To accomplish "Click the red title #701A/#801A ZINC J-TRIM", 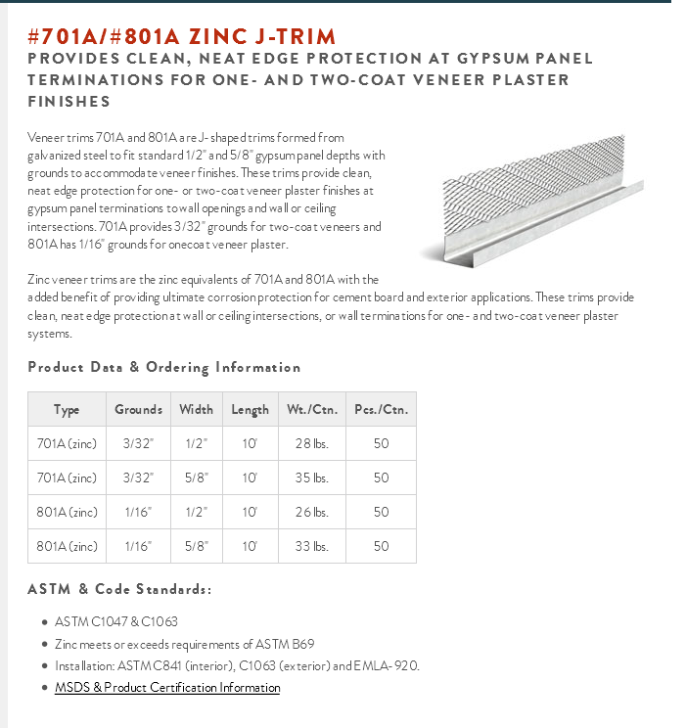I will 182,37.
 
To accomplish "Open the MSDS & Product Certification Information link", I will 167,688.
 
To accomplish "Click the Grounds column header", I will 138,410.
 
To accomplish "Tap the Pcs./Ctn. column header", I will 381,410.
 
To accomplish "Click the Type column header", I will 67,410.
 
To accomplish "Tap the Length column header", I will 250,410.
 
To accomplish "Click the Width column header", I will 196,410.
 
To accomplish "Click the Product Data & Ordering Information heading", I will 164,367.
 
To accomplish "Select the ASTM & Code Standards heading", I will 119,589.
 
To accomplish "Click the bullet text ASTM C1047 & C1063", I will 116,621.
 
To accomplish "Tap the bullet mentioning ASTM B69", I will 184,644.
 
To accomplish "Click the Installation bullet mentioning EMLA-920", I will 237,665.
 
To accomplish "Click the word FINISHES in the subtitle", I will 69,102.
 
